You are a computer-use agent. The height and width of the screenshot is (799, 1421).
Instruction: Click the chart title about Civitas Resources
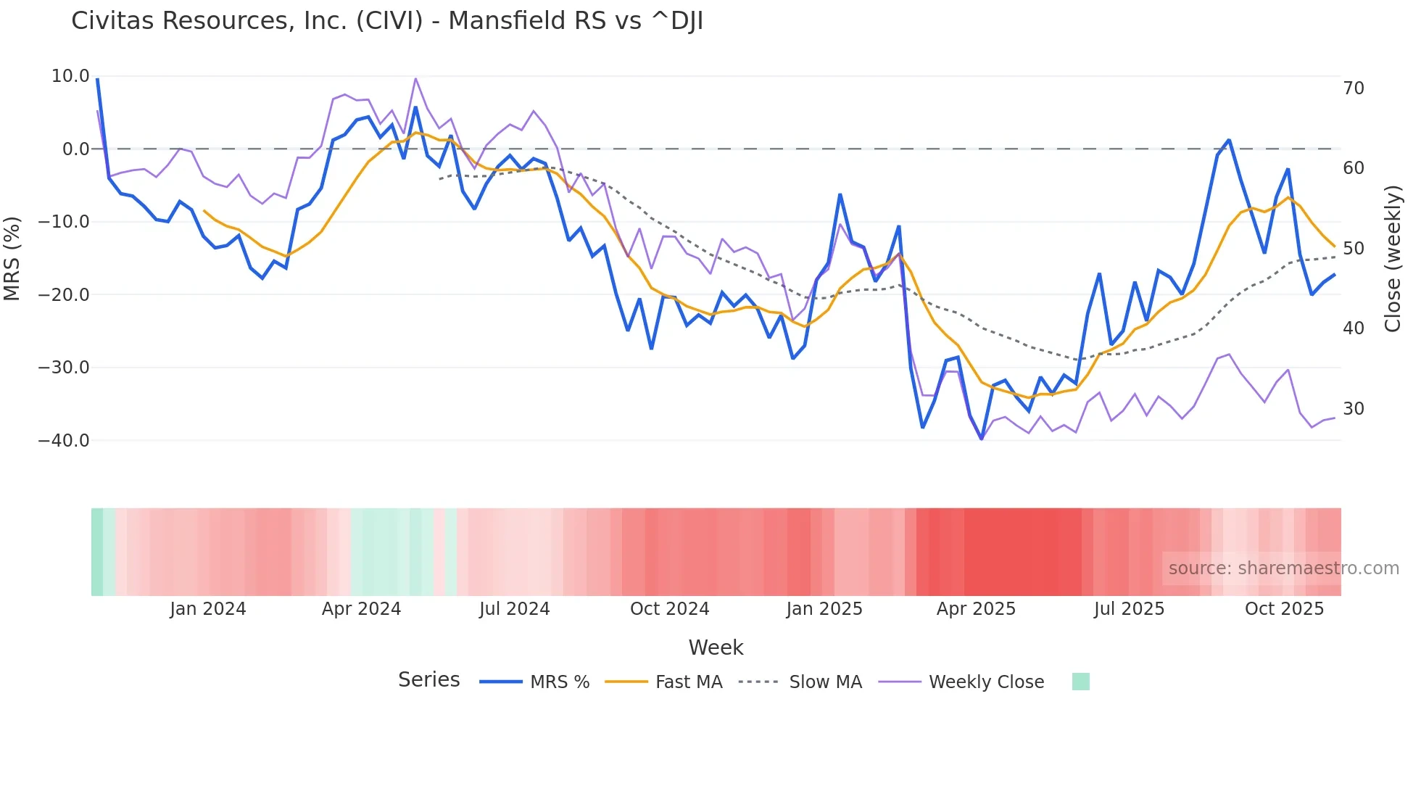(387, 21)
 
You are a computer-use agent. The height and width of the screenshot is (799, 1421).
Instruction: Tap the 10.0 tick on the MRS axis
(70, 76)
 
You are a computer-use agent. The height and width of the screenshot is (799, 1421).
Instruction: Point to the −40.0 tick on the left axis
(64, 440)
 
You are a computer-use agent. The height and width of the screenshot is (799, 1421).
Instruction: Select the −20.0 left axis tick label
(64, 294)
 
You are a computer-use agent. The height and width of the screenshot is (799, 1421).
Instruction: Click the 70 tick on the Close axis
(1354, 88)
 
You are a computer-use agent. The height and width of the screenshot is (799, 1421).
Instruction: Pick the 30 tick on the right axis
(1354, 409)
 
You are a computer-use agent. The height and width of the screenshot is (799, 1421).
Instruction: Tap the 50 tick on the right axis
(1354, 249)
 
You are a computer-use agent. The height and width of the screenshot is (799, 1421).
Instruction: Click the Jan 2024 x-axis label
(208, 609)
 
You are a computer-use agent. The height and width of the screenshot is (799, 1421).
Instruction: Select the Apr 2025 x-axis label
(976, 609)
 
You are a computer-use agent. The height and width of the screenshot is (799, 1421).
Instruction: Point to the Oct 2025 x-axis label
(1284, 609)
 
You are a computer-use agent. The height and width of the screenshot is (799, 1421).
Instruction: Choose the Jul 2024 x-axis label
(515, 609)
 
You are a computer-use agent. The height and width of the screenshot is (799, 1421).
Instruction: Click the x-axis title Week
(716, 647)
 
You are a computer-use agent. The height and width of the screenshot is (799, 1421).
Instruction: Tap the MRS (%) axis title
(12, 258)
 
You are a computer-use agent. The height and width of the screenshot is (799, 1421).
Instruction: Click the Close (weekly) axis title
(1393, 258)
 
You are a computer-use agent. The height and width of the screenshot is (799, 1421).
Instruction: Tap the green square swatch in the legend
(1080, 682)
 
